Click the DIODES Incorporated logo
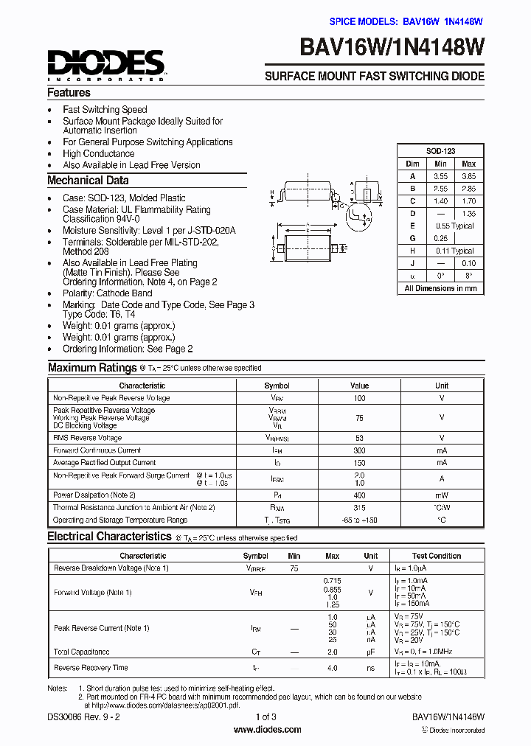107,65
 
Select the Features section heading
69,93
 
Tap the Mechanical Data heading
88,181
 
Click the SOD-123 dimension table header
440,151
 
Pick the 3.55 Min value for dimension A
440,176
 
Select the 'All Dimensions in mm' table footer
440,288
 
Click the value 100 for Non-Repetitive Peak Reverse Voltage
359,398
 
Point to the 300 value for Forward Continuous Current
359,450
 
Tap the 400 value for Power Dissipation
359,495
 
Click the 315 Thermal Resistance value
359,507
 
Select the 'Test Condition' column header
437,556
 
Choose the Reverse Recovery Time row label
91,668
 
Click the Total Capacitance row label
82,652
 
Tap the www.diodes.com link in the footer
267,730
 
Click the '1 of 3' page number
265,717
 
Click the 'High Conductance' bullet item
98,154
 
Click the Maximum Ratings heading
92,367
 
